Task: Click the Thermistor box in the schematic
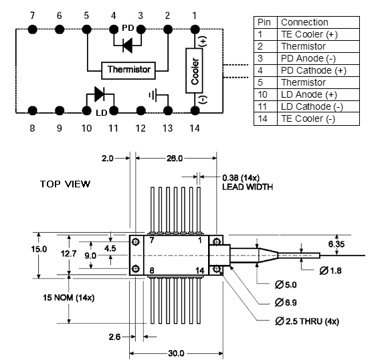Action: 128,70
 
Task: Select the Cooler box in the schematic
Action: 194,71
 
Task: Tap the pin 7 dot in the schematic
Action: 33,29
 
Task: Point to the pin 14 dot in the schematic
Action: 195,111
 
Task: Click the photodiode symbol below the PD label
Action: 128,46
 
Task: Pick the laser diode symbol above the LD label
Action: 100,94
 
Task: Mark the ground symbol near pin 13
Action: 153,95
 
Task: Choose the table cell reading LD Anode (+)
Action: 318,95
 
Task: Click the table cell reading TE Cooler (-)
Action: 318,119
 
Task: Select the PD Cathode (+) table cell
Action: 318,71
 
